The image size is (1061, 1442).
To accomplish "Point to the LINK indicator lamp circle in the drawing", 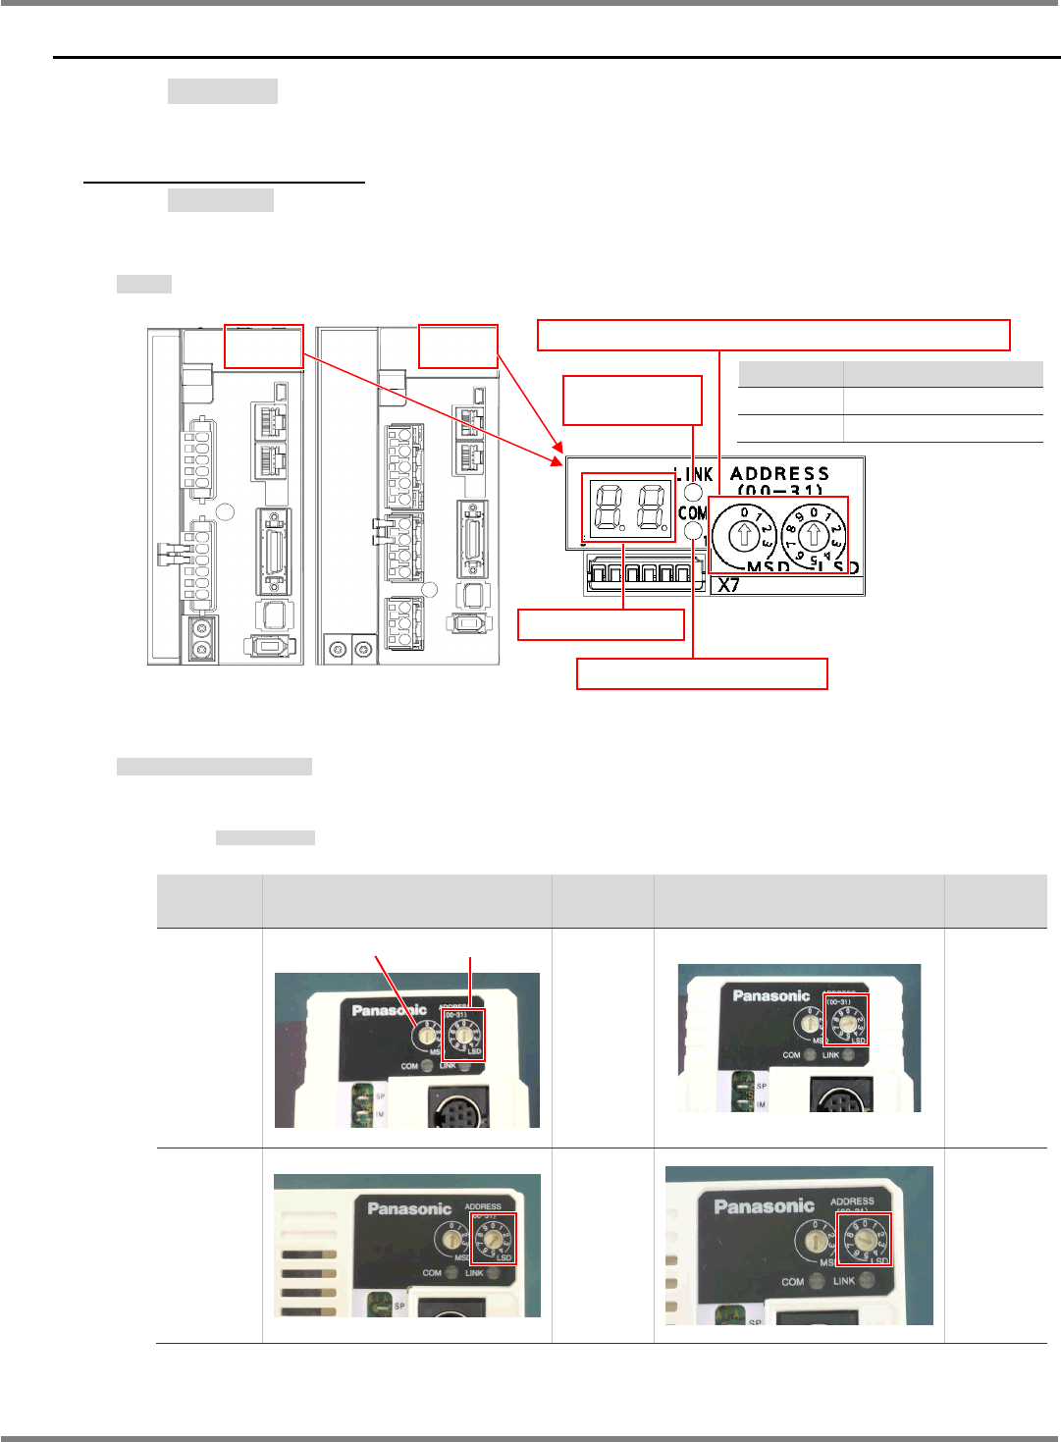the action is click(695, 493).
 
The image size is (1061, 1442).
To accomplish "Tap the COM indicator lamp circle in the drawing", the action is click(695, 532).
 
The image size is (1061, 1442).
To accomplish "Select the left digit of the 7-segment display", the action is click(605, 507).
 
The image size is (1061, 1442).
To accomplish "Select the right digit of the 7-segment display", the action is click(652, 507).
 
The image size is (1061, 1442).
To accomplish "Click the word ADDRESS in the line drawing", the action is click(779, 473).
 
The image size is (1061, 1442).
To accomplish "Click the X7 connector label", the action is click(728, 585).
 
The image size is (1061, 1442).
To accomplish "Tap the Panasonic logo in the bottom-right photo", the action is click(765, 1206).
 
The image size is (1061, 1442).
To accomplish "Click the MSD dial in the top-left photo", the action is click(428, 1034).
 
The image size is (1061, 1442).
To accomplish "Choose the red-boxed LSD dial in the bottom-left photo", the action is click(493, 1239).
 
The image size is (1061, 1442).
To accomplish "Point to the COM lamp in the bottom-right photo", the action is click(817, 1281).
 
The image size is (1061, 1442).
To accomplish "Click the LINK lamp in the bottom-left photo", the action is click(494, 1273).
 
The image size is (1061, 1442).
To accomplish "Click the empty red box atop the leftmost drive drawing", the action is click(263, 347).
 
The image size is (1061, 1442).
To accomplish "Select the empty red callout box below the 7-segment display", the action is click(601, 625).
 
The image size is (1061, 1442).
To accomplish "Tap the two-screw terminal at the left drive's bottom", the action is click(203, 640).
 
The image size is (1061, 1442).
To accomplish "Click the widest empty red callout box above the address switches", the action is click(773, 335).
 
